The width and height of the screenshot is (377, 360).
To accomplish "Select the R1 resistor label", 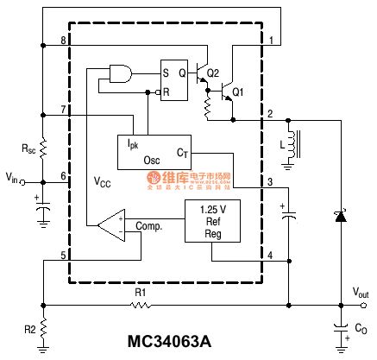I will point(141,294).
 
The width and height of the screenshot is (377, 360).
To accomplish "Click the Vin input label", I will point(12,178).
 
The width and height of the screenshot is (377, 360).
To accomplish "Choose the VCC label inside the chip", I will point(103,182).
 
